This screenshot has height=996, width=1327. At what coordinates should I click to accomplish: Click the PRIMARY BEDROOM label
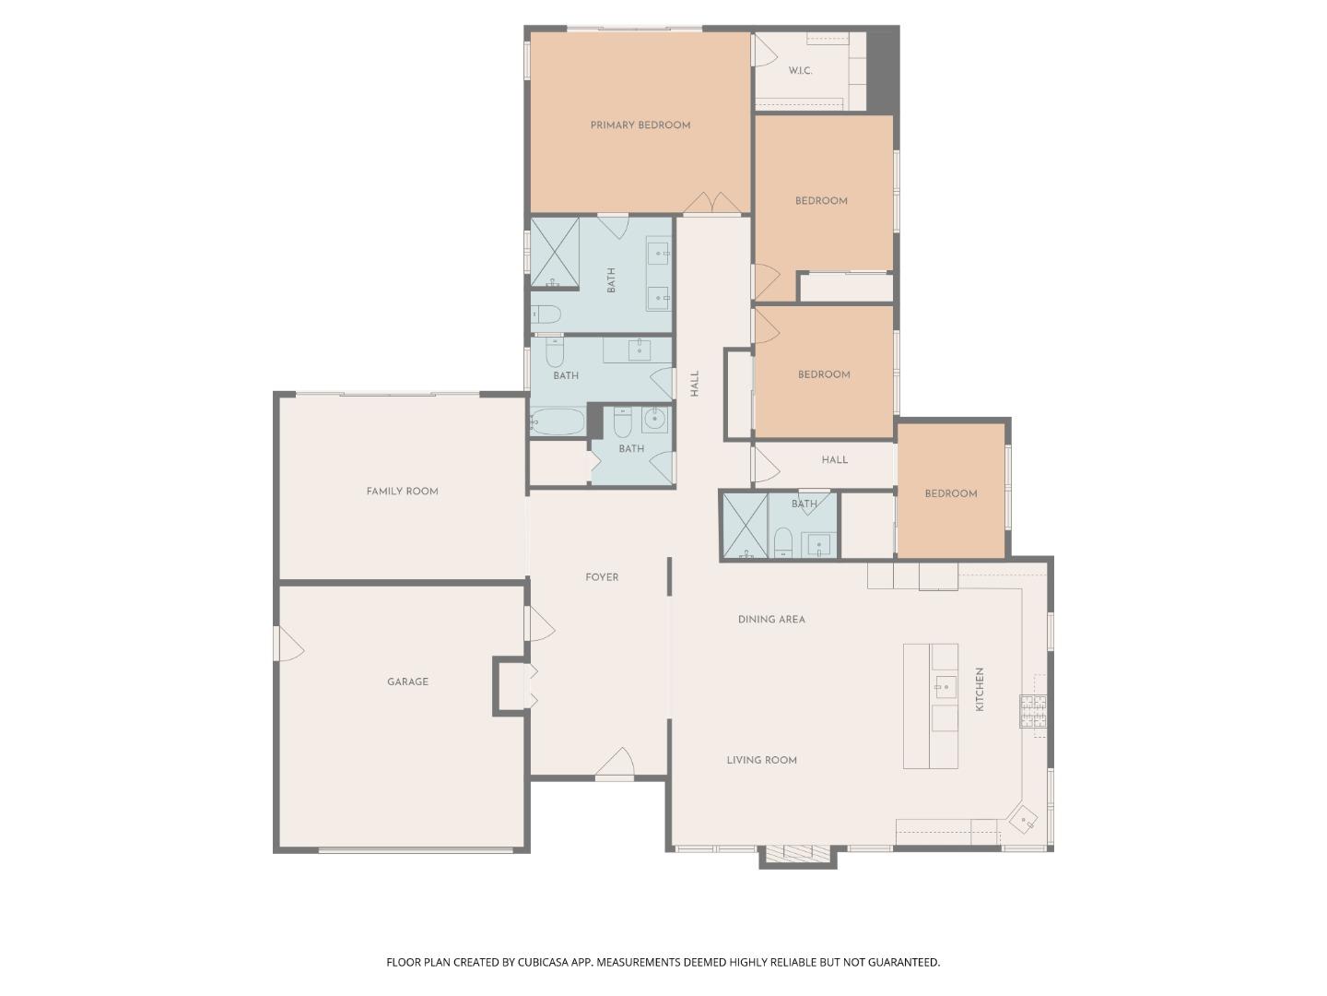point(640,125)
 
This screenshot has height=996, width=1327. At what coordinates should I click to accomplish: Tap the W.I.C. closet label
point(799,71)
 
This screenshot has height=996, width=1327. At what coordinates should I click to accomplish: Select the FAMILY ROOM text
point(402,491)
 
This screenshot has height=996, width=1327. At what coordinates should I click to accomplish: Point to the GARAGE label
point(407,682)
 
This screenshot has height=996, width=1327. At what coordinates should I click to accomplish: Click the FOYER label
point(602,577)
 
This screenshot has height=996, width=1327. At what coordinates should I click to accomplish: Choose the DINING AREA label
point(771,619)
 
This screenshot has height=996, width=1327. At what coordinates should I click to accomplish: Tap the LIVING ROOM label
point(762,760)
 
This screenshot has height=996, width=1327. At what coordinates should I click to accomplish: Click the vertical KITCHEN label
point(980,689)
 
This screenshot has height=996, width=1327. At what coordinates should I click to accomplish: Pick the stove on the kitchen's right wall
point(1033,711)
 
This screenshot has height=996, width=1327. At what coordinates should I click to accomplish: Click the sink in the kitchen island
point(945,686)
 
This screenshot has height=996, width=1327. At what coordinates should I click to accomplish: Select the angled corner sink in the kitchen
point(1022,820)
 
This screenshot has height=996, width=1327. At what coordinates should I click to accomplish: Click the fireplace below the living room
point(797,855)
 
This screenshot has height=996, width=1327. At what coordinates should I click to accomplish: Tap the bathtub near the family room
point(557,421)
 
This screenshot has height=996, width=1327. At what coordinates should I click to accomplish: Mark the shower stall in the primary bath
point(555,252)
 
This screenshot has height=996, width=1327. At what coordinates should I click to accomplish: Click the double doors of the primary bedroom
point(712,203)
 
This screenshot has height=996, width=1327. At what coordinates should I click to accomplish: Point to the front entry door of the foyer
point(615,764)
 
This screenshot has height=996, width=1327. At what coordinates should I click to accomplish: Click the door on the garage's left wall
point(288,644)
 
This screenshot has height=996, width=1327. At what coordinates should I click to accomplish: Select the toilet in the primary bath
point(546,314)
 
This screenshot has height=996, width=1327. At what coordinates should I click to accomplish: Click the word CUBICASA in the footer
point(544,962)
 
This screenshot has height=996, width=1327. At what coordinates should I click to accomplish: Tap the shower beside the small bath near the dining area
point(745,525)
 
